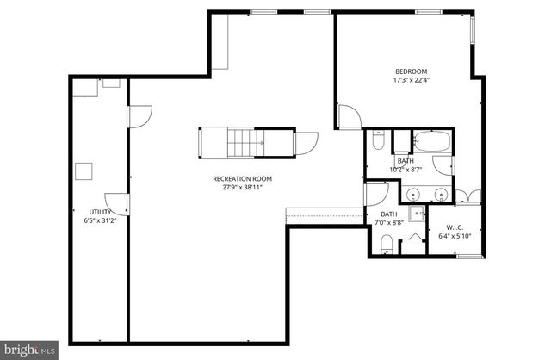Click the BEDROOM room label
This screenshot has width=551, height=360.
pyautogui.click(x=411, y=71)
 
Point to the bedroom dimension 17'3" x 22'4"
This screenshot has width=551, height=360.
pyautogui.click(x=411, y=81)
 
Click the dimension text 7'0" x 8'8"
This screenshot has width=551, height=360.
pyautogui.click(x=389, y=223)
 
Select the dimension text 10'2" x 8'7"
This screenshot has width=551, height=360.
pyautogui.click(x=406, y=170)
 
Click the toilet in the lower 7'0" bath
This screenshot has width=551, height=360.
pyautogui.click(x=387, y=244)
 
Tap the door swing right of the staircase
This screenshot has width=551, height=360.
pyautogui.click(x=306, y=142)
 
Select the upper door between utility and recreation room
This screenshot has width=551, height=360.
pyautogui.click(x=139, y=116)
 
